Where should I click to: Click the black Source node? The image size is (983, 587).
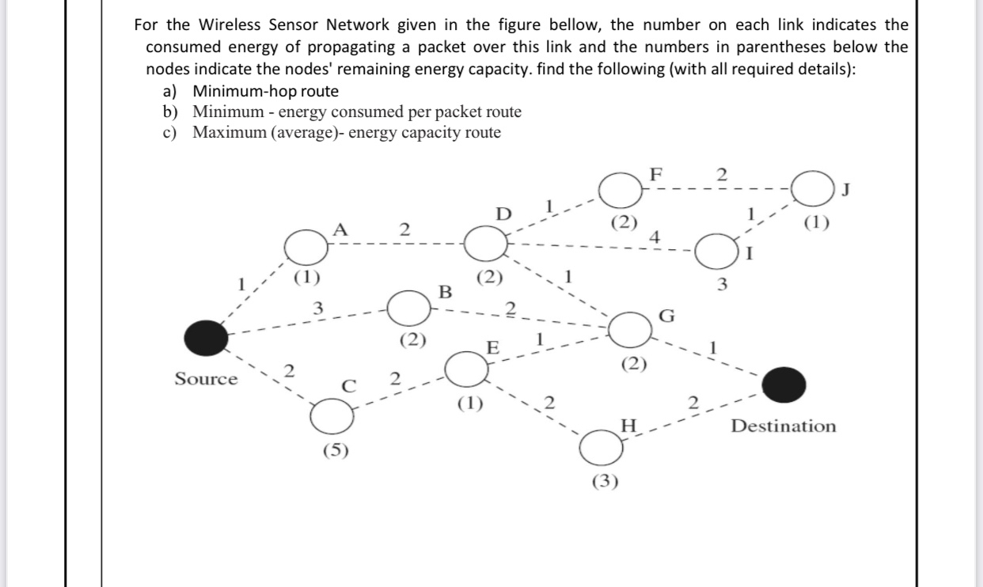pos(207,338)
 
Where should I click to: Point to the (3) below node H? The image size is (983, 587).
pos(606,482)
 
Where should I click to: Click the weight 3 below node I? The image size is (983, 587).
pos(721,285)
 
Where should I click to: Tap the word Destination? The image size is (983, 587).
pos(783,426)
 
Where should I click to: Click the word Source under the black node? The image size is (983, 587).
pos(206,379)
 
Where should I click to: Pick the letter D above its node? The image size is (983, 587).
pos(502,214)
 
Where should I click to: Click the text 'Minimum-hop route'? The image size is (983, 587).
pos(265,91)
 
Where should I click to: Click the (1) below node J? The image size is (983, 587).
pos(817,223)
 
